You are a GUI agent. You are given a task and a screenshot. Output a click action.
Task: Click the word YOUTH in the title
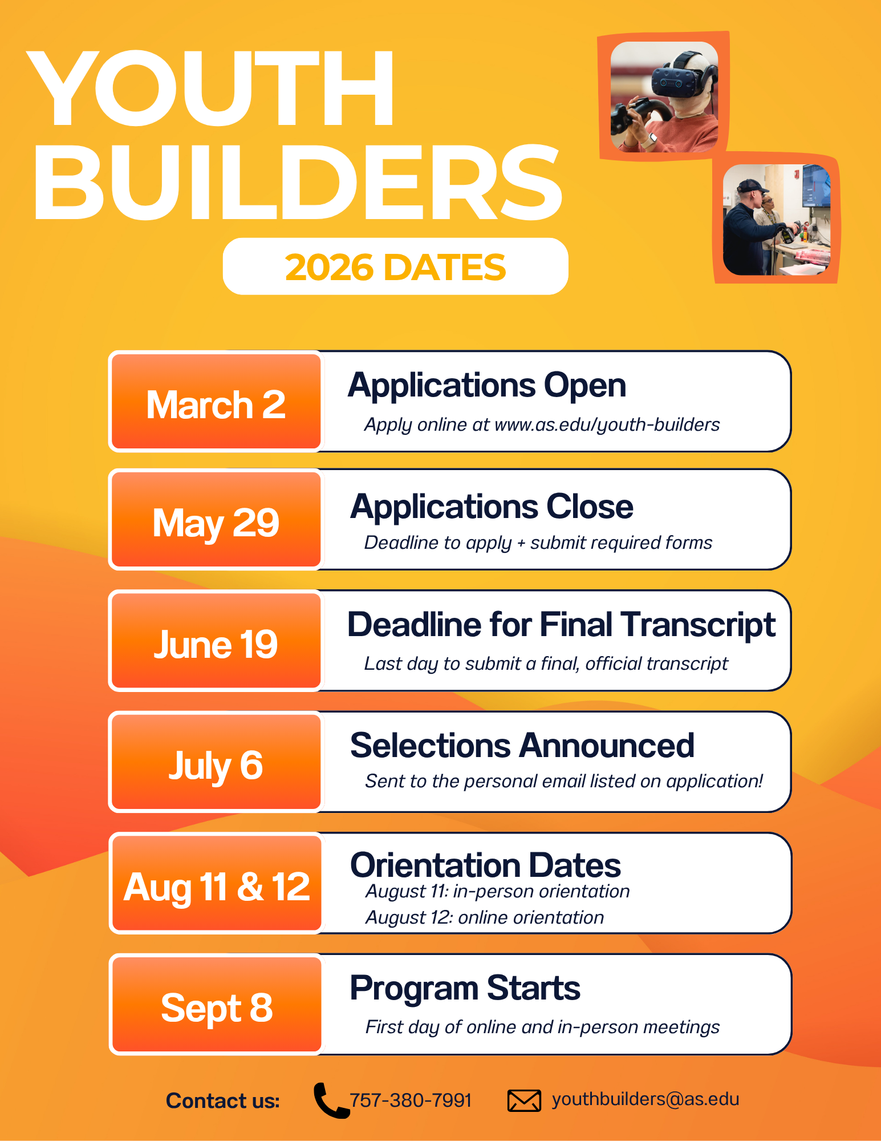tap(210, 88)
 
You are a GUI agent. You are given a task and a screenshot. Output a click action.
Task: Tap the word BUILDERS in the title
tap(298, 183)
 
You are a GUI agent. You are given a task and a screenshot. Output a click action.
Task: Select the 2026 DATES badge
tap(396, 266)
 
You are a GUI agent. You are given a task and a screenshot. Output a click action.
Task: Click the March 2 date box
tap(216, 402)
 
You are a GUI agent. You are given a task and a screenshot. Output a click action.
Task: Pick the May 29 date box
tap(216, 520)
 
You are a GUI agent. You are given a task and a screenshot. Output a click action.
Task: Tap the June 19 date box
tap(216, 641)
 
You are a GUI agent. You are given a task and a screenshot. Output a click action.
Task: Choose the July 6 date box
tap(216, 762)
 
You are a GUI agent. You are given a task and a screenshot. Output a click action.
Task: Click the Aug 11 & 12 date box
tap(216, 883)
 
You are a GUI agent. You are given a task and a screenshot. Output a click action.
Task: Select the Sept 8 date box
tap(216, 1005)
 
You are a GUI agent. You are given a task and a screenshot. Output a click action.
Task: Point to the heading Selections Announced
tap(522, 745)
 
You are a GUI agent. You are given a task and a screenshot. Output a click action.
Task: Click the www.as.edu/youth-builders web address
tap(607, 425)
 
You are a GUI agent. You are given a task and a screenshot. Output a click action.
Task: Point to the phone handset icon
tap(331, 1100)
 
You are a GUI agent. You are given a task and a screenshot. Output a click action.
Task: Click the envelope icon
tap(524, 1100)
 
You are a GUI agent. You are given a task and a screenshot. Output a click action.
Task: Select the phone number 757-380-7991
tap(411, 1100)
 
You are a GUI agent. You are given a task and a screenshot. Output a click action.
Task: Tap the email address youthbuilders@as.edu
tap(645, 1099)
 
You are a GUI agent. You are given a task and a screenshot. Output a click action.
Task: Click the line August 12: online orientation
tap(485, 917)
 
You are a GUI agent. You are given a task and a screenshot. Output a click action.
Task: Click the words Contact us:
tap(223, 1100)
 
